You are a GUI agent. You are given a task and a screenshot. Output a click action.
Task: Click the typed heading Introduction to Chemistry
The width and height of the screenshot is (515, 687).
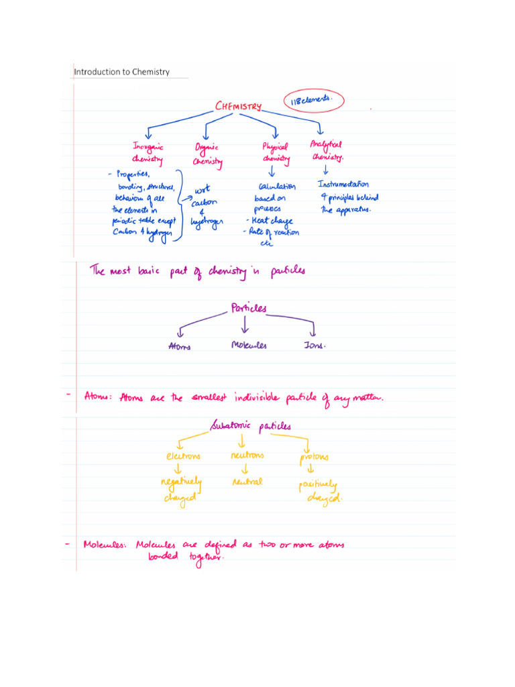point(121,72)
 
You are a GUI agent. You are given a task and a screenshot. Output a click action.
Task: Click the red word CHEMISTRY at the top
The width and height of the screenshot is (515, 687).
point(238,106)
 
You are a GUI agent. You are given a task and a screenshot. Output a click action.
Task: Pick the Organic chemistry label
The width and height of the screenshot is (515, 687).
point(208,154)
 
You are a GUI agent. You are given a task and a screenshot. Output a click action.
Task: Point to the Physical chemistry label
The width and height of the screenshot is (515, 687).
point(276,153)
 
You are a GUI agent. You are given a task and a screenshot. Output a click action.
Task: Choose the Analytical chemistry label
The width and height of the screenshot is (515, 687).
point(327,151)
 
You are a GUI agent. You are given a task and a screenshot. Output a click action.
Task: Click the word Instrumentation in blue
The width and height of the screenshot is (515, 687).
point(343,184)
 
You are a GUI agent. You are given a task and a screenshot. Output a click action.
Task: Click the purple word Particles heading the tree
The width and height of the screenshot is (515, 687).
point(248,309)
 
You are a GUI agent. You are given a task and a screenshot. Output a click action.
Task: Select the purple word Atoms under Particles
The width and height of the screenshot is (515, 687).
point(179,346)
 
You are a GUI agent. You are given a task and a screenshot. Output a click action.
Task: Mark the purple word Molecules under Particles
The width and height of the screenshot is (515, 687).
point(249,346)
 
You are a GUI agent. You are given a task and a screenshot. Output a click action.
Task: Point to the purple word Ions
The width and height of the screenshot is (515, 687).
point(314,346)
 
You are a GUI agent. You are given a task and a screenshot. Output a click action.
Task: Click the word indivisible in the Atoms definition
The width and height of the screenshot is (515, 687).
point(265,398)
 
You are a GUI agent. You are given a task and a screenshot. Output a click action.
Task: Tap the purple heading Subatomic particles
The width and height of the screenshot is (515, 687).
point(251,425)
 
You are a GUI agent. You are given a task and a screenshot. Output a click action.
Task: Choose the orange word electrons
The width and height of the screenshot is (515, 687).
point(183,456)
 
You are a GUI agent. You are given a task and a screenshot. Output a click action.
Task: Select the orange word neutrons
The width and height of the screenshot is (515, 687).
point(247,455)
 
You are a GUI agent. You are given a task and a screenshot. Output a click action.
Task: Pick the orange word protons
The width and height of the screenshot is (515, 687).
point(314,458)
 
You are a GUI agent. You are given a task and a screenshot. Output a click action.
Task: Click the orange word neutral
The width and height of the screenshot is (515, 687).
point(247,482)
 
